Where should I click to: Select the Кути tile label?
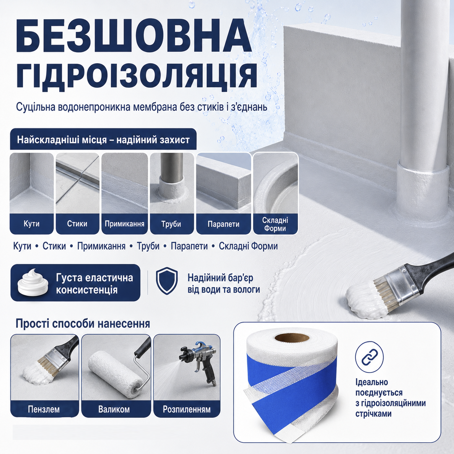tap(31, 223)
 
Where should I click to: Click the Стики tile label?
tap(77, 223)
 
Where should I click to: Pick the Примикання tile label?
tap(125, 223)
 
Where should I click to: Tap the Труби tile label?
tap(171, 224)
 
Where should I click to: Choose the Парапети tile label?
tap(223, 224)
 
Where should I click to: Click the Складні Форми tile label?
tap(275, 224)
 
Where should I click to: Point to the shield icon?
tap(167, 281)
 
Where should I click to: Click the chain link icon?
tap(369, 357)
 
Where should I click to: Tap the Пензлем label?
tap(43, 409)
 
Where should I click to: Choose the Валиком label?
tap(114, 409)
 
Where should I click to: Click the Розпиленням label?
tap(186, 409)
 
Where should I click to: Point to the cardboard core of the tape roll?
tap(292, 338)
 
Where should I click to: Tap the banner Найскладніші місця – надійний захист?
tap(103, 140)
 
